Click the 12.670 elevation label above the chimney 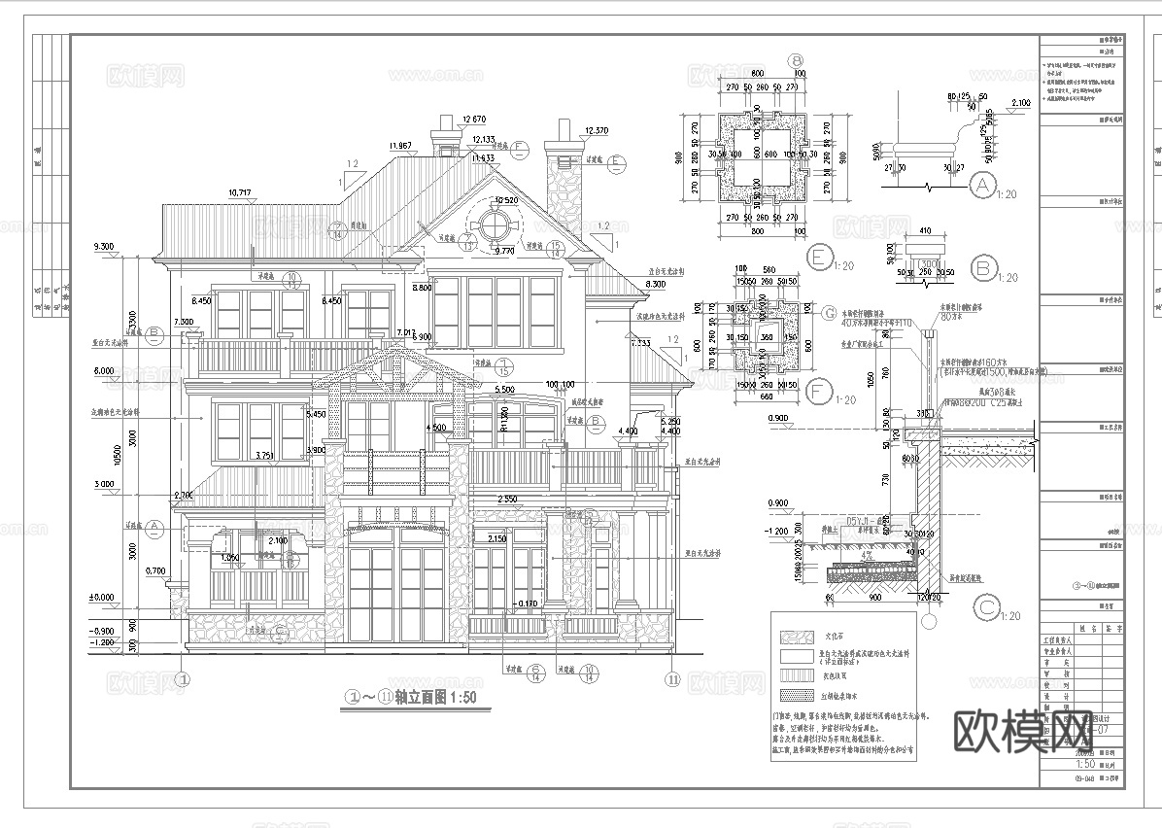473,119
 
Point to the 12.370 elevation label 595,130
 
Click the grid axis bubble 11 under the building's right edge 671,678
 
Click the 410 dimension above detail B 923,231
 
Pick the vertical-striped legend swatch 794,674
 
